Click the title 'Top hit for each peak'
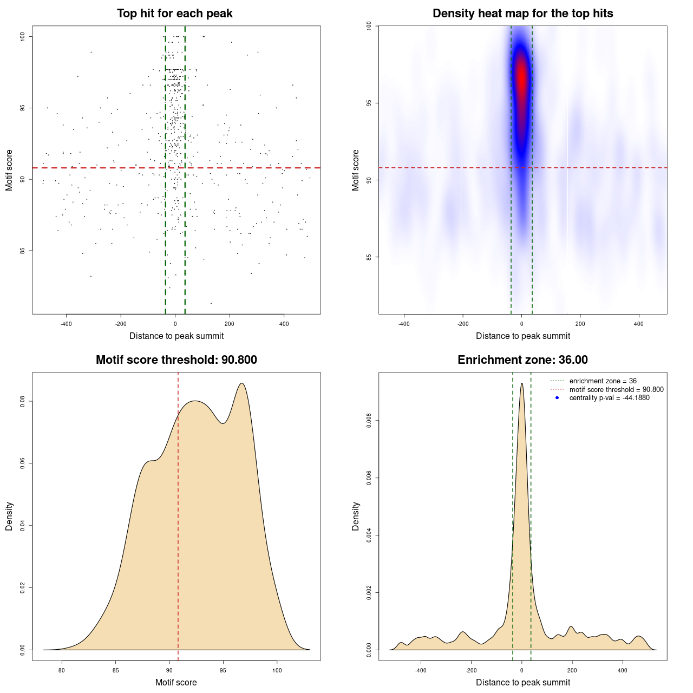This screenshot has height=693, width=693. [x=174, y=14]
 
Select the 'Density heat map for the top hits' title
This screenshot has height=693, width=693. [x=522, y=14]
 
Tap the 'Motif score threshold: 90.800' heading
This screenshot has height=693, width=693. [x=176, y=360]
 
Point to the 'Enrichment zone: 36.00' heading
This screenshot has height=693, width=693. [x=522, y=360]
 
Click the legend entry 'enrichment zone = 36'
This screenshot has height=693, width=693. [x=603, y=381]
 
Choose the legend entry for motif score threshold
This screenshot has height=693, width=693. [x=616, y=390]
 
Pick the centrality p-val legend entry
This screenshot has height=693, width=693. [x=609, y=398]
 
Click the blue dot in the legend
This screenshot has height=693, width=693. [x=557, y=398]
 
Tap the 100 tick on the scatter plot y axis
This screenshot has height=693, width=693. [x=23, y=36]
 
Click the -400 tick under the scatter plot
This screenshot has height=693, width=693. [x=66, y=324]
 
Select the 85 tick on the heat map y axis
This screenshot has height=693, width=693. [x=369, y=257]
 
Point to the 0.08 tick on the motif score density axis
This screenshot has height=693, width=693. [x=23, y=401]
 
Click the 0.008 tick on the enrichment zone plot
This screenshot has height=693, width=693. [x=369, y=421]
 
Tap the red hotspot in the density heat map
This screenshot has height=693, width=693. [x=521, y=76]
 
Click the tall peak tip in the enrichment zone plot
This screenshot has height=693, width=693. [x=521, y=383]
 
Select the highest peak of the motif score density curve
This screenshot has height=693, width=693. [x=242, y=383]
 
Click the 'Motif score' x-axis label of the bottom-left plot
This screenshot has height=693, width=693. [x=176, y=682]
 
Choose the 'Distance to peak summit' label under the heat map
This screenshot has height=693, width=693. [x=522, y=336]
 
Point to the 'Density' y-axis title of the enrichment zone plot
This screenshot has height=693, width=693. [x=356, y=516]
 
